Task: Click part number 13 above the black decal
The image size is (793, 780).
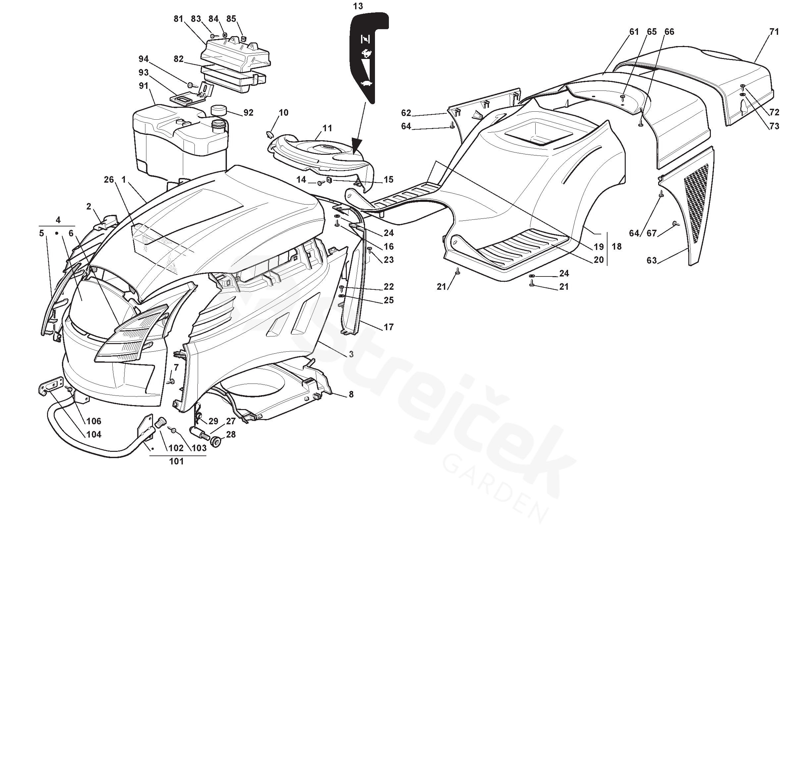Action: coord(357,6)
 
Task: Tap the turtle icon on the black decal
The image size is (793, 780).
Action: coord(366,83)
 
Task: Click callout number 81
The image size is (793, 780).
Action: coord(178,19)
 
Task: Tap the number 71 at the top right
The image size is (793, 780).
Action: coord(773,31)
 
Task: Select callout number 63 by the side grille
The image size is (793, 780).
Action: coord(651,260)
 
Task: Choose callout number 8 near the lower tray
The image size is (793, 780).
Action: coord(351,394)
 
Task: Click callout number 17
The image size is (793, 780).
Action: coord(388,327)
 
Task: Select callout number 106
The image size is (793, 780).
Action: coord(94,421)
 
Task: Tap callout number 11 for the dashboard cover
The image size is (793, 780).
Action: coord(327,128)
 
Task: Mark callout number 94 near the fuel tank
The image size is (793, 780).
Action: coord(143,59)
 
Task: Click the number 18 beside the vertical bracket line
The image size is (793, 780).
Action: coord(616,246)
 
